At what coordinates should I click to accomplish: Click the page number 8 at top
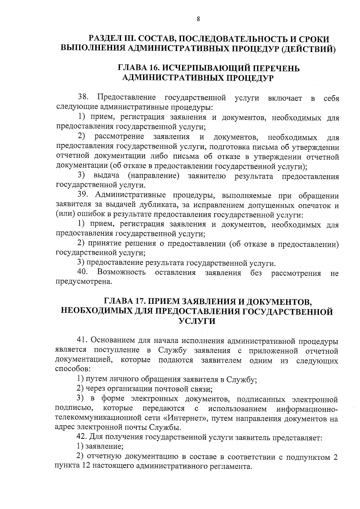198,19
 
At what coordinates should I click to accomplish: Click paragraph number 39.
83,195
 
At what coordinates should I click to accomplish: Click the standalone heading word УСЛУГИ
197,321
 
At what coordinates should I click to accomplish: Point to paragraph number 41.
82,341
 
